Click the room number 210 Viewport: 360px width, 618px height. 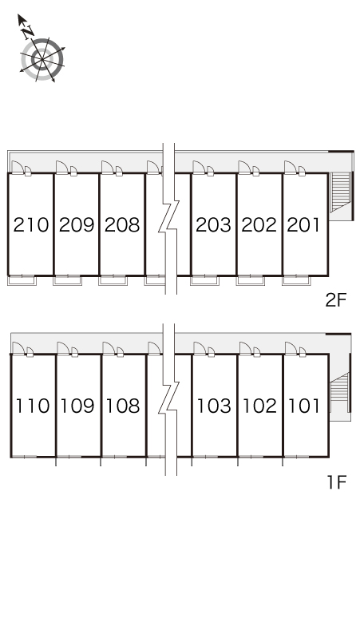[x=30, y=224]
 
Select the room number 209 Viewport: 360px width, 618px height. [x=77, y=224]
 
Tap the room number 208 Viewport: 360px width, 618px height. [x=122, y=224]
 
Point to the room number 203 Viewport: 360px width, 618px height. [x=213, y=224]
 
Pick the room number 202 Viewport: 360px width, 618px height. [x=259, y=224]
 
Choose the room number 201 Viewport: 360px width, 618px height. [x=303, y=224]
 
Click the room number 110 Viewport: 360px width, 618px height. [x=33, y=406]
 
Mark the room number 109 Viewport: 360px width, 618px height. [x=77, y=406]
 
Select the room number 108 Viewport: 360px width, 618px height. [x=123, y=406]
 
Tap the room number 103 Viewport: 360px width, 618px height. [x=214, y=406]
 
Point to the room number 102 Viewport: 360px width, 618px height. [x=259, y=406]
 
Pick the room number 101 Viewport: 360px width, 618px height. [x=304, y=406]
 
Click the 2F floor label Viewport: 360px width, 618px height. [x=335, y=300]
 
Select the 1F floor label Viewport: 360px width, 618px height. [x=337, y=481]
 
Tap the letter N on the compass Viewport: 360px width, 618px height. [x=28, y=32]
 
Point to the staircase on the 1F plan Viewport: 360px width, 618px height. [x=339, y=392]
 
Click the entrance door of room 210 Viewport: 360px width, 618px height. [x=18, y=167]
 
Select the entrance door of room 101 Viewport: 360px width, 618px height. [x=291, y=348]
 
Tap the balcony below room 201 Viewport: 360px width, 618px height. [x=296, y=280]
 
